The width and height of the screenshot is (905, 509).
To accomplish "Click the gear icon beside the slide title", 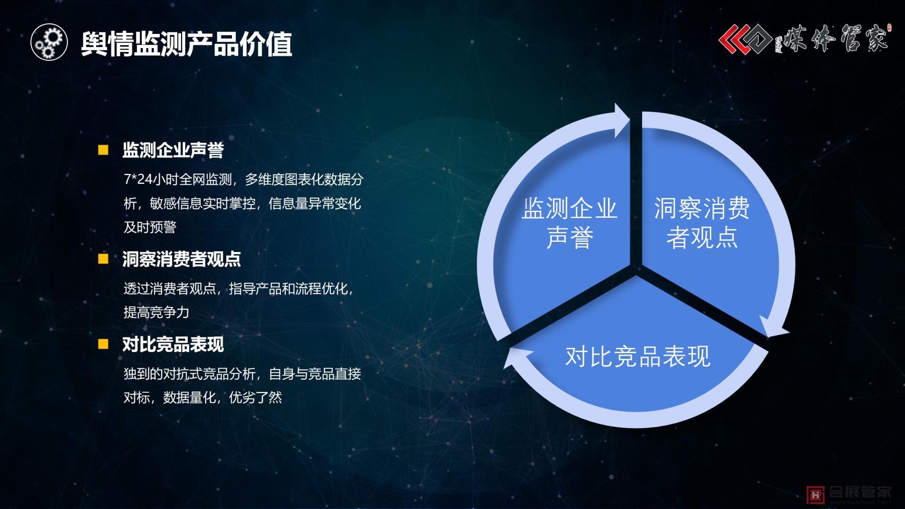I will (49, 42).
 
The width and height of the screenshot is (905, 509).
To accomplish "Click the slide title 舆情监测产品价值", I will (187, 44).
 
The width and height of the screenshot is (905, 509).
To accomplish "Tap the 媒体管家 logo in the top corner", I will (804, 39).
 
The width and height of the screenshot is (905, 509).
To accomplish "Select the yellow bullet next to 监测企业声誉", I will (103, 150).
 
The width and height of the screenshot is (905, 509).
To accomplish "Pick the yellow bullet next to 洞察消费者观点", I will (103, 259).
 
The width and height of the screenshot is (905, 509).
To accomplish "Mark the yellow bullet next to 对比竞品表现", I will (103, 344).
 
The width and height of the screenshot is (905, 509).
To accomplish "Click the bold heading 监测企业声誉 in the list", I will (173, 150).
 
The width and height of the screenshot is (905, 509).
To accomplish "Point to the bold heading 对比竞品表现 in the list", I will (173, 345).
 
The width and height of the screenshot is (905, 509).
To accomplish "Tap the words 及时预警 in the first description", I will (150, 227).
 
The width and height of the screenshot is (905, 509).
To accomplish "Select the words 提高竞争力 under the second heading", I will (156, 312).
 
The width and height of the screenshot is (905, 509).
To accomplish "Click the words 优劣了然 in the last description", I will (255, 398).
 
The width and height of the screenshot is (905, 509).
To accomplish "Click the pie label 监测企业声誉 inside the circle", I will (569, 222).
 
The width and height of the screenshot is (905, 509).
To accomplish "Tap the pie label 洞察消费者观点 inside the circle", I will (701, 222).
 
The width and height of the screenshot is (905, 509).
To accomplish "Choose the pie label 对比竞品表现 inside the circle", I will (637, 357).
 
